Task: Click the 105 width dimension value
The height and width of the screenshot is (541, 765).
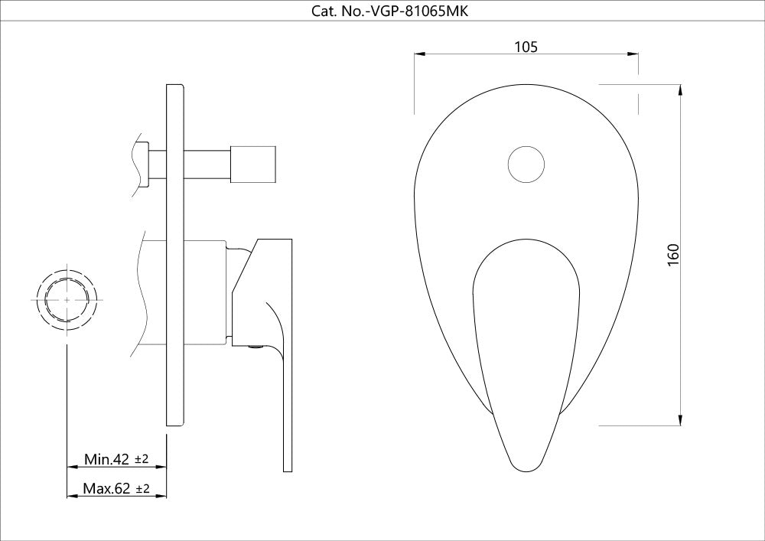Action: (526, 47)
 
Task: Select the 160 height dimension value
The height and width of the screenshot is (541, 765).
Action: (673, 254)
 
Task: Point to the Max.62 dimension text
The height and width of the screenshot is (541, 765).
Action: (106, 488)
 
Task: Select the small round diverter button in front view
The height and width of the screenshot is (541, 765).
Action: (526, 164)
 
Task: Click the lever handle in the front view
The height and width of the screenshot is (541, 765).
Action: (526, 337)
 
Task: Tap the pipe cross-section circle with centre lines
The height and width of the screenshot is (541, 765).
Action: (68, 300)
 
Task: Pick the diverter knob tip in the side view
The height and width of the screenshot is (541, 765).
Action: (255, 164)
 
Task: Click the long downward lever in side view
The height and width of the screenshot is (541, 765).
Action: (286, 398)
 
